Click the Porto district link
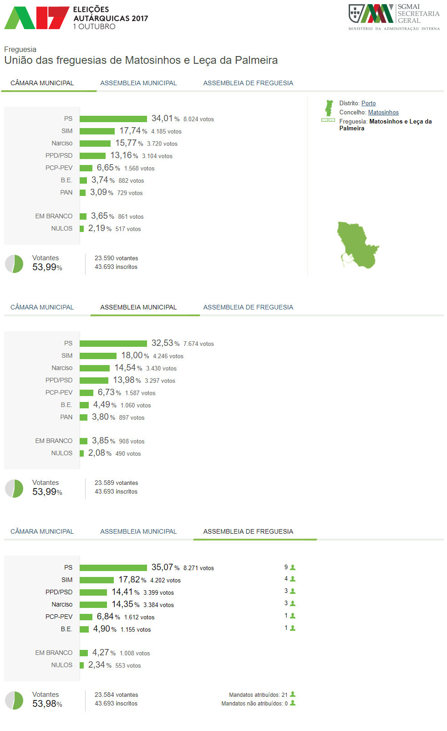click(x=368, y=103)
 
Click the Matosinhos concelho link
click(x=383, y=113)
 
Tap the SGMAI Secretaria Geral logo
click(x=394, y=17)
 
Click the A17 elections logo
click(x=36, y=18)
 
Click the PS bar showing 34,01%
click(x=113, y=119)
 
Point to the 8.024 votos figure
click(x=198, y=119)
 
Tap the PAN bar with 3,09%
click(x=83, y=193)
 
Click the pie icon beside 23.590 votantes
click(x=14, y=264)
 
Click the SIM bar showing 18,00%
click(x=98, y=356)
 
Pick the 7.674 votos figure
click(x=198, y=344)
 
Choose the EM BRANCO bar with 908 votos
click(x=83, y=441)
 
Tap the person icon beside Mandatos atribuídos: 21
click(x=293, y=695)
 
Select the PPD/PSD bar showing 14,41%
click(x=93, y=592)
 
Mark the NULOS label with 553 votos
click(x=61, y=665)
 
